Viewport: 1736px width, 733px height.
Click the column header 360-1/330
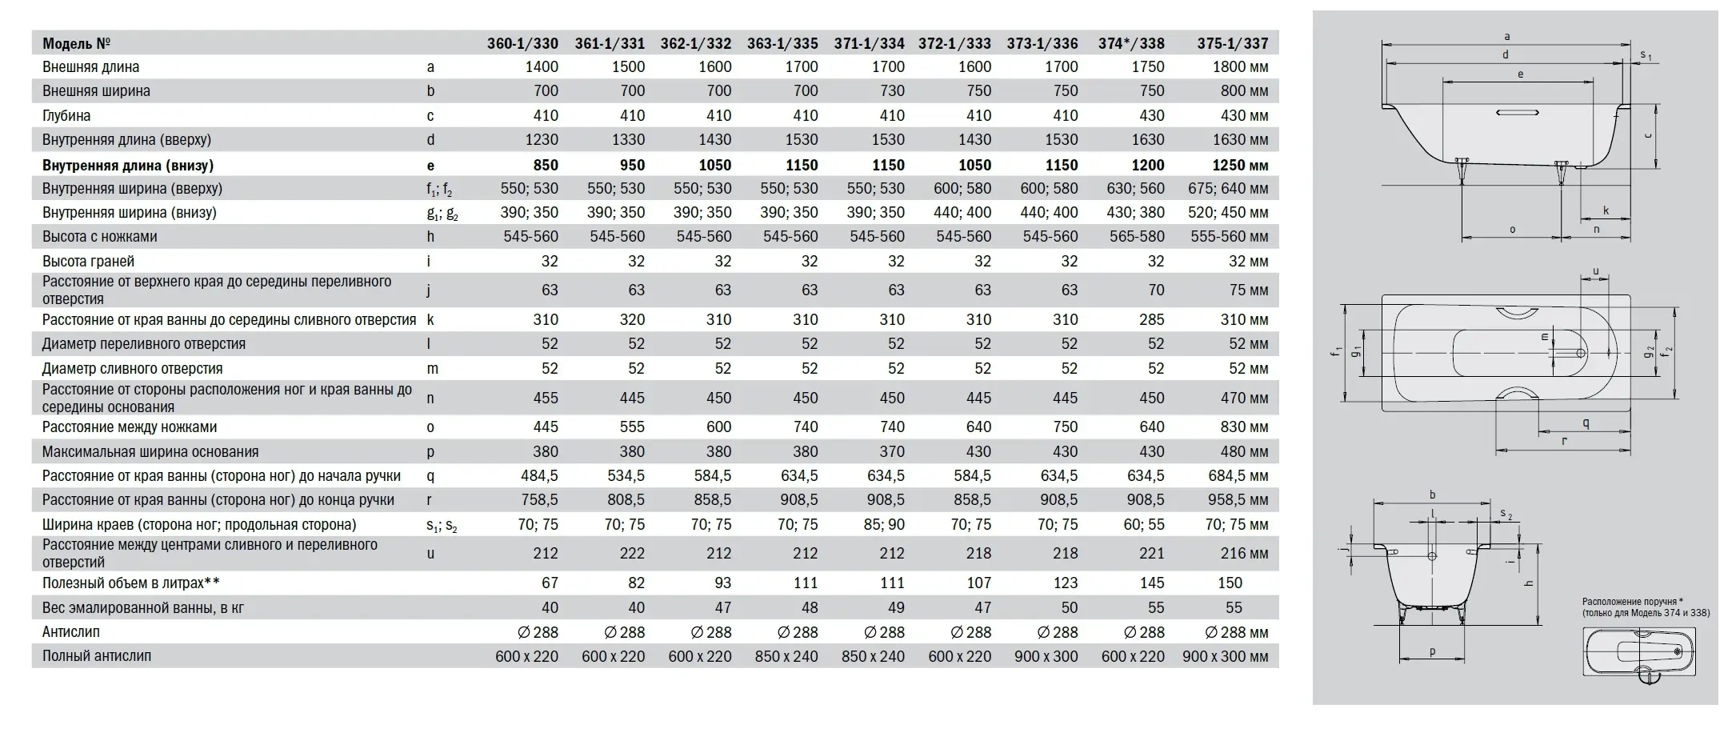pyautogui.click(x=522, y=43)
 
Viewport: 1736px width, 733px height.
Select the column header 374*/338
pyautogui.click(x=1130, y=43)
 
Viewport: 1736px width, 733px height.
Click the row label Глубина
pyautogui.click(x=66, y=115)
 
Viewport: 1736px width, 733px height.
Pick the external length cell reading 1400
pyautogui.click(x=541, y=67)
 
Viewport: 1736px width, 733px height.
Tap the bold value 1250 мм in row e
pyautogui.click(x=1239, y=165)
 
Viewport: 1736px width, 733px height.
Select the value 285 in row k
pyautogui.click(x=1151, y=319)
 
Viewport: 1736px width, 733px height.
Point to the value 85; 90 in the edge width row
pyautogui.click(x=886, y=524)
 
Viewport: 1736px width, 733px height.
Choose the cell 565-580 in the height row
pyautogui.click(x=1137, y=236)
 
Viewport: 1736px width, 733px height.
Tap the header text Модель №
pyautogui.click(x=76, y=43)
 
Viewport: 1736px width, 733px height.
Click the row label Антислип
pyautogui.click(x=71, y=631)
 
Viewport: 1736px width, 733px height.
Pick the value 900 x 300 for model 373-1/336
pyautogui.click(x=1046, y=656)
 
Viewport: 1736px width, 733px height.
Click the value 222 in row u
pyautogui.click(x=632, y=553)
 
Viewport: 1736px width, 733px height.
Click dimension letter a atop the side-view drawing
pyautogui.click(x=1507, y=36)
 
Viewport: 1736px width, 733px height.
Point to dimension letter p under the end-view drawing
pyautogui.click(x=1432, y=651)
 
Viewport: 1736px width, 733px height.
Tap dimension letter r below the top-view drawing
pyautogui.click(x=1563, y=441)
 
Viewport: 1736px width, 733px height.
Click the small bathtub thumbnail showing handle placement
pyautogui.click(x=1638, y=651)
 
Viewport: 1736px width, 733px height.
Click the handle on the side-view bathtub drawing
pyautogui.click(x=1517, y=113)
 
